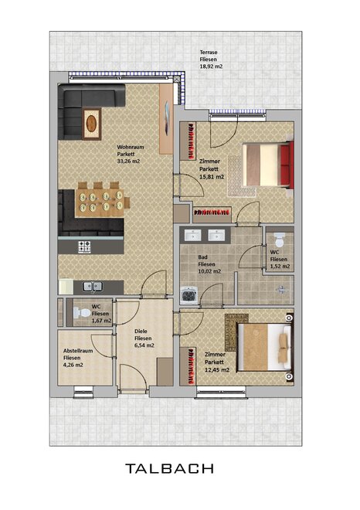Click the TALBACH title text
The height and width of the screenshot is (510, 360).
169,469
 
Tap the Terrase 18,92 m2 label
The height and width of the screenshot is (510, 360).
211,59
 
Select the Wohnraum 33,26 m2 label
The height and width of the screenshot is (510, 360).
130,154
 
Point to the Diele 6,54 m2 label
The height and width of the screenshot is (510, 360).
144,338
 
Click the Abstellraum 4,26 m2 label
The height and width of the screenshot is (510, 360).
78,358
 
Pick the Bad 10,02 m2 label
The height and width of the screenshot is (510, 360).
209,264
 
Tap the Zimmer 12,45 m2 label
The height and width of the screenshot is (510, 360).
217,362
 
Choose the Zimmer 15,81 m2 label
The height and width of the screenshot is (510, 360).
212,168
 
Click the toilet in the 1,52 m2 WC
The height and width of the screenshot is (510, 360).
280,240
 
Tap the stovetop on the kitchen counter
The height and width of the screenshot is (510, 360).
84,246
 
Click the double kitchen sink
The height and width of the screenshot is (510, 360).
93,287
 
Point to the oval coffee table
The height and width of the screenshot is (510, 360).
91,124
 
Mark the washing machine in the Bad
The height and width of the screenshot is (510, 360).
188,294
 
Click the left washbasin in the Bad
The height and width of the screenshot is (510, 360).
193,235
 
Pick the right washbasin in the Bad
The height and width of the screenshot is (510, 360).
216,235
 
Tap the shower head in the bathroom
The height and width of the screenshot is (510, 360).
281,289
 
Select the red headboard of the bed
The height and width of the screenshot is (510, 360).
287,165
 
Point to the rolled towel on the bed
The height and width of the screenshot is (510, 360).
284,347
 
